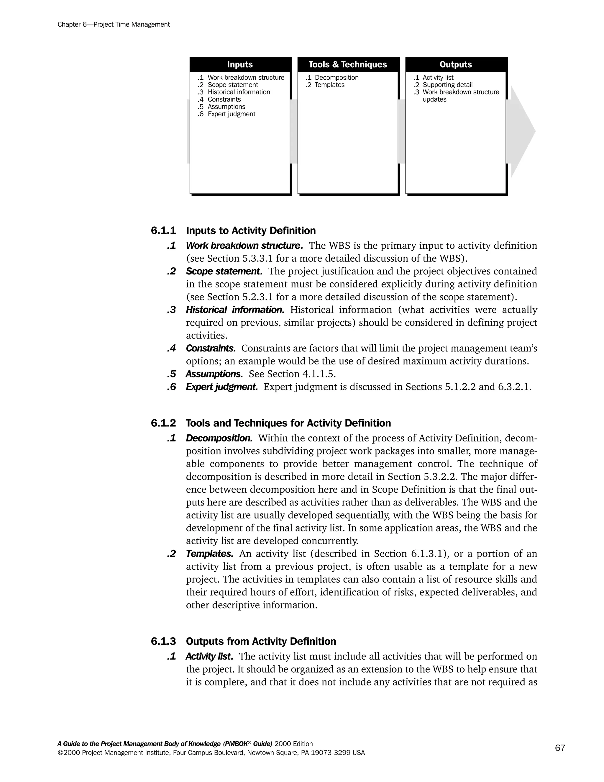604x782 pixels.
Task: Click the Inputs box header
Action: pos(240,64)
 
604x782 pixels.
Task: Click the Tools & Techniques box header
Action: pos(347,64)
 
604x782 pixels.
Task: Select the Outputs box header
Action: pos(455,64)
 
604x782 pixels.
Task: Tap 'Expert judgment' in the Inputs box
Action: pos(231,114)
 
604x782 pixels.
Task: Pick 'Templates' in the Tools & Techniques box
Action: pos(329,85)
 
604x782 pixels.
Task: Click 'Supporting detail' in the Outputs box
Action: pos(447,85)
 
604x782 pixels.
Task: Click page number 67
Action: pos(560,748)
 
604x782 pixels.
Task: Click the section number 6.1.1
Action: pos(163,230)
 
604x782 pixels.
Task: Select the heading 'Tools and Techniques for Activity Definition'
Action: pos(288,423)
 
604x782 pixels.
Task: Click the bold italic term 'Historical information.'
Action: pos(235,310)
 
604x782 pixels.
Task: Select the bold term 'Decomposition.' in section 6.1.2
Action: pos(219,438)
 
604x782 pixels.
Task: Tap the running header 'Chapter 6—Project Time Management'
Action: pos(114,25)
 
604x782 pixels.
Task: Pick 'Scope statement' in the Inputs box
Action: pos(233,85)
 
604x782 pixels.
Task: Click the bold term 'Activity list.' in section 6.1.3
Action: pos(209,656)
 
